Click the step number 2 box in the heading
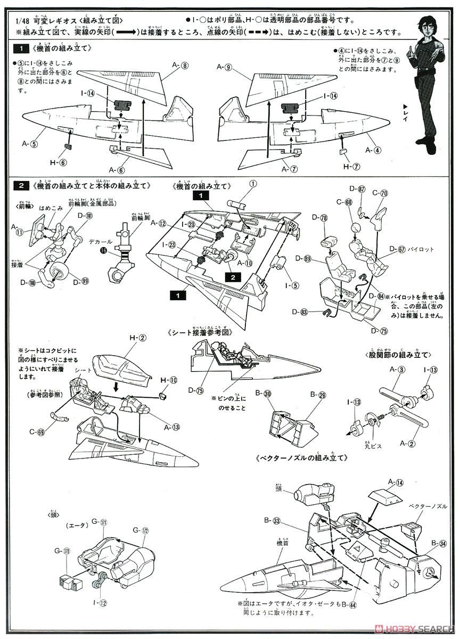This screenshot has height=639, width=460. pyautogui.click(x=20, y=186)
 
